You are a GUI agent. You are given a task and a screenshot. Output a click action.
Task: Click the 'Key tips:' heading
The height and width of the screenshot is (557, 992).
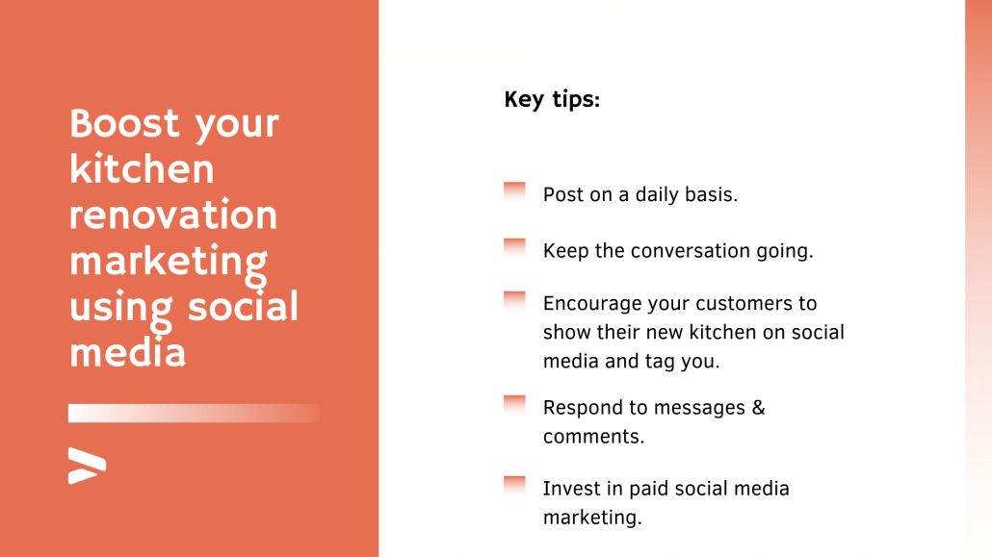click(x=552, y=99)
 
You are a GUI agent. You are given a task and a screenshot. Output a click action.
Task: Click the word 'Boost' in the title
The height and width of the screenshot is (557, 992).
click(x=124, y=123)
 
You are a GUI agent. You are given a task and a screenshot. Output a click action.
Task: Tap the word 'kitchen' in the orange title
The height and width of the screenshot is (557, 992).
click(x=142, y=169)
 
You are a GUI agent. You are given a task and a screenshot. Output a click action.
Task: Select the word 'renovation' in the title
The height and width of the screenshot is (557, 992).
click(x=173, y=215)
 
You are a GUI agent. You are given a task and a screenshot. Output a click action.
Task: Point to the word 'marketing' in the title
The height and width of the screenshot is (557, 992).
click(x=169, y=262)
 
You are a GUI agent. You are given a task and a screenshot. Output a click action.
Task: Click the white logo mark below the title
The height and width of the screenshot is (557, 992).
click(x=87, y=466)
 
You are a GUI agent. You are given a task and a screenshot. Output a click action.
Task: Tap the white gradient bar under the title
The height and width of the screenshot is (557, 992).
click(x=193, y=413)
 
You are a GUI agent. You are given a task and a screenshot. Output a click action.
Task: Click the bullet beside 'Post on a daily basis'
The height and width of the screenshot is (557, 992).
click(x=514, y=190)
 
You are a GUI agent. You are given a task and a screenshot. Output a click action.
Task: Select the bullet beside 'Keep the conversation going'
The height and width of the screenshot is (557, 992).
click(x=514, y=247)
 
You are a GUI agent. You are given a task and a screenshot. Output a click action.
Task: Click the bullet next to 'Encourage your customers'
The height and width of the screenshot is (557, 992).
click(x=514, y=300)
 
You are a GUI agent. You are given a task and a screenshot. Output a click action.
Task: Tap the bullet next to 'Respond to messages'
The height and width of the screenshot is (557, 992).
click(x=514, y=403)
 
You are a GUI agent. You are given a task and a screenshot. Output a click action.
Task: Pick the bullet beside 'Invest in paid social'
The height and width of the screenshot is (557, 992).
click(x=514, y=484)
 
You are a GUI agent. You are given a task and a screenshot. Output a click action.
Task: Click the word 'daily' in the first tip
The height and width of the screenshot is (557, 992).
click(x=660, y=194)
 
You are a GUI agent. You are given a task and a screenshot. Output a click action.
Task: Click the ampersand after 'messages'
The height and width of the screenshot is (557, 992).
click(x=758, y=407)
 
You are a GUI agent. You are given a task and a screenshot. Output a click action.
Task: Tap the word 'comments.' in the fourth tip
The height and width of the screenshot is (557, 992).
click(x=593, y=436)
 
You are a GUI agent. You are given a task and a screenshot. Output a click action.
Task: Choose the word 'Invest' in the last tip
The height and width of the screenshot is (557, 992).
click(x=571, y=488)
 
